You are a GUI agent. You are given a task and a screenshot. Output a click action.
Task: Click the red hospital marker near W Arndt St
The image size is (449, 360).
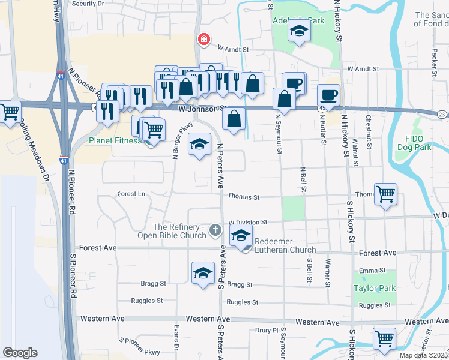click(204, 40)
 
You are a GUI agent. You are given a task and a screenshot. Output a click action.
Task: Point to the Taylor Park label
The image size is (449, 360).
click(375, 288)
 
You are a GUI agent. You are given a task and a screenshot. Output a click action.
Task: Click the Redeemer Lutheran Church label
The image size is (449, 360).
click(285, 245)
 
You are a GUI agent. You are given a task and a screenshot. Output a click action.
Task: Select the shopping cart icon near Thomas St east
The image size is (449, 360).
click(385, 194)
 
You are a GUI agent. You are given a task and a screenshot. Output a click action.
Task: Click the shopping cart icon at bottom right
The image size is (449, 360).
click(384, 338)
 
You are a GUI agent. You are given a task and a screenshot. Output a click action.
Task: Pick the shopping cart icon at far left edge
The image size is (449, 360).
click(10, 112)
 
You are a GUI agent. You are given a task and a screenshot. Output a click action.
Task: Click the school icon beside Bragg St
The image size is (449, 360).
click(203, 272)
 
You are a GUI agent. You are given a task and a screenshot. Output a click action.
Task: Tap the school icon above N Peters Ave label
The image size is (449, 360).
click(200, 144)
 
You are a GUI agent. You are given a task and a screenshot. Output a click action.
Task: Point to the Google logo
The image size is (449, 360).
click(20, 353)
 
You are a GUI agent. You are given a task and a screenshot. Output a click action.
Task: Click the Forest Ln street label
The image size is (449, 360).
click(131, 194)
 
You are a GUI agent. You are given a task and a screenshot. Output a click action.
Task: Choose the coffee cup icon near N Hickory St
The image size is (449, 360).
click(328, 95)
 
